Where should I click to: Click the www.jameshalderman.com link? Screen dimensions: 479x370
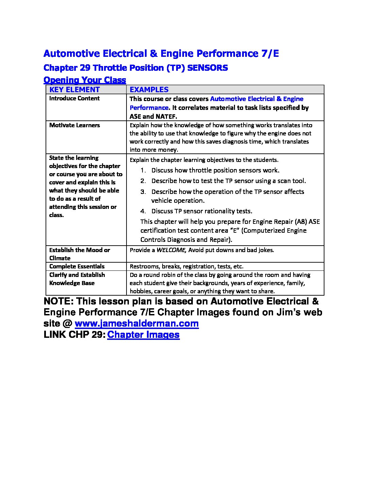click(136, 323)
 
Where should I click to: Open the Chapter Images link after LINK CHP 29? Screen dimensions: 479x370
click(143, 334)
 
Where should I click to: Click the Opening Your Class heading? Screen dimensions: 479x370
click(85, 80)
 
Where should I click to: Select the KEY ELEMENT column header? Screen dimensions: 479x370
click(74, 89)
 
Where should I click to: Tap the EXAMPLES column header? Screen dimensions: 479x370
click(149, 89)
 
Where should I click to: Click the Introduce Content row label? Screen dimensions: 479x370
click(74, 98)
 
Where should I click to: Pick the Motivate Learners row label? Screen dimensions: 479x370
click(74, 125)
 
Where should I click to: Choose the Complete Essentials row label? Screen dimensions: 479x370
click(77, 266)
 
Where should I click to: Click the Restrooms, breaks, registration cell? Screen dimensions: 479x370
click(186, 266)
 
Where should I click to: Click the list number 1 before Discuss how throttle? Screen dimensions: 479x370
click(143, 170)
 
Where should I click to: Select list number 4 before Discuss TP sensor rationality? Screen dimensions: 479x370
click(143, 211)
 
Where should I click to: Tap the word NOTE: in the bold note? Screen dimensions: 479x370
click(58, 301)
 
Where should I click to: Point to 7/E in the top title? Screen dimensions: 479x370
click(269, 53)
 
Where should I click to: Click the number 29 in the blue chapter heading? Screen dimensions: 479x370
click(85, 68)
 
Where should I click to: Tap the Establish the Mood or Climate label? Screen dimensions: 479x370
click(80, 254)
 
